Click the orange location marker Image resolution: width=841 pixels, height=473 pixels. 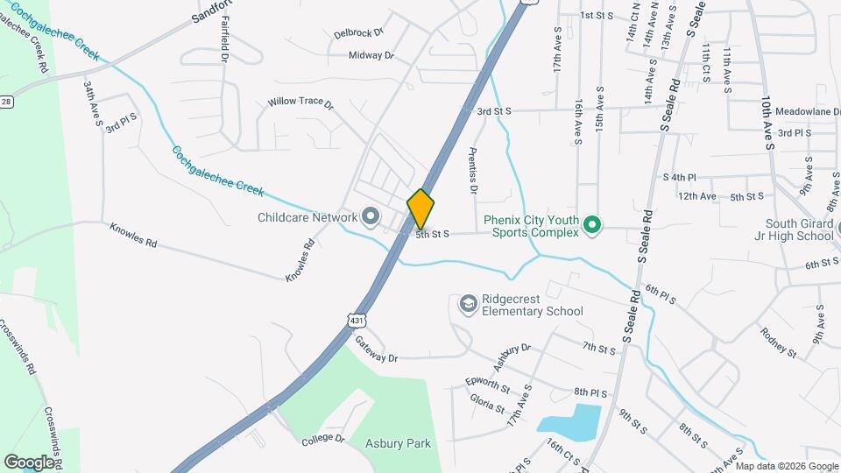click(421, 208)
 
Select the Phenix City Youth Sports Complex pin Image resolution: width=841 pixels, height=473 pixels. click(592, 226)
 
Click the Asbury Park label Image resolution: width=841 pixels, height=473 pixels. click(398, 443)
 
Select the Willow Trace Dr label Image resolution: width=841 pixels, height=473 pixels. click(300, 102)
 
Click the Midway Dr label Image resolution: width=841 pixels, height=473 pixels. click(371, 55)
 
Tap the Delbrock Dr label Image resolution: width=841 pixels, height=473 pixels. click(358, 33)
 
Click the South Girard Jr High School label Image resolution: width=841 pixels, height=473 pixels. click(793, 229)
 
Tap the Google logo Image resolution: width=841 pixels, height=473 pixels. click(29, 461)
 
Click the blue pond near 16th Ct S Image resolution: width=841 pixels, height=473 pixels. click(569, 420)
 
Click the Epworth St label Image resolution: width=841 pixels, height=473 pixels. click(488, 385)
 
